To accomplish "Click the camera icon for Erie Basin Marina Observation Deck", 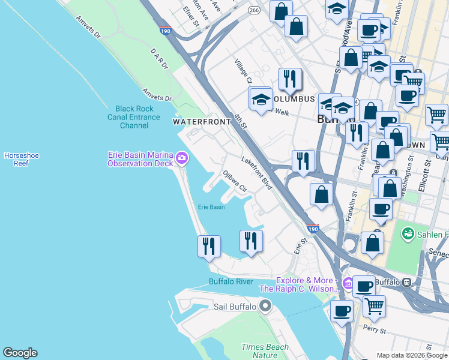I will (182, 159).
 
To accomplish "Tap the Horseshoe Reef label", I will (21, 159).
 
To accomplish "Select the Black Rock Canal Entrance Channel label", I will (134, 117).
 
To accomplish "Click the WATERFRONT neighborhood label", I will (202, 122).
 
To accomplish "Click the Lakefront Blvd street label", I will (258, 174).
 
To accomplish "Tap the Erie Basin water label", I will (211, 207).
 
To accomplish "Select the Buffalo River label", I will (231, 281).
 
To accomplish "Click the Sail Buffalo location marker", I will (266, 307).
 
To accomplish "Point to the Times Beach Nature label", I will (265, 351).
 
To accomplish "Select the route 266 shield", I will (255, 10).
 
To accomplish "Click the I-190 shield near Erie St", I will (312, 229).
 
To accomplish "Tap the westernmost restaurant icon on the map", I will (209, 246).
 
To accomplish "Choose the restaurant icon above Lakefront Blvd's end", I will (303, 161).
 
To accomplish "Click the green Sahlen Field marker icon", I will (408, 232).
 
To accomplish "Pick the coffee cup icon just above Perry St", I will (342, 310).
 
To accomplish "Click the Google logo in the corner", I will (20, 353).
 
